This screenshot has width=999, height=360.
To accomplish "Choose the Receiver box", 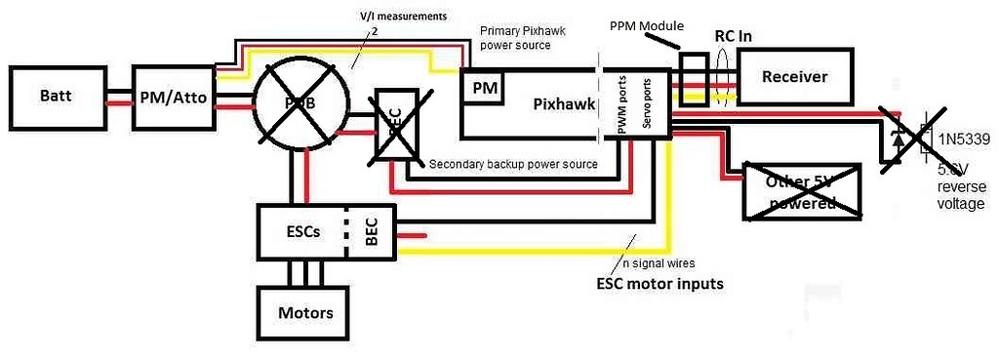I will [x=794, y=77].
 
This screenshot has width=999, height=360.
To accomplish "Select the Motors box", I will [x=305, y=313].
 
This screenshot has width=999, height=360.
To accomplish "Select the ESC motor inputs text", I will [x=659, y=284].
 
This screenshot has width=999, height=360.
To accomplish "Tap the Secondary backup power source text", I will [x=513, y=164].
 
